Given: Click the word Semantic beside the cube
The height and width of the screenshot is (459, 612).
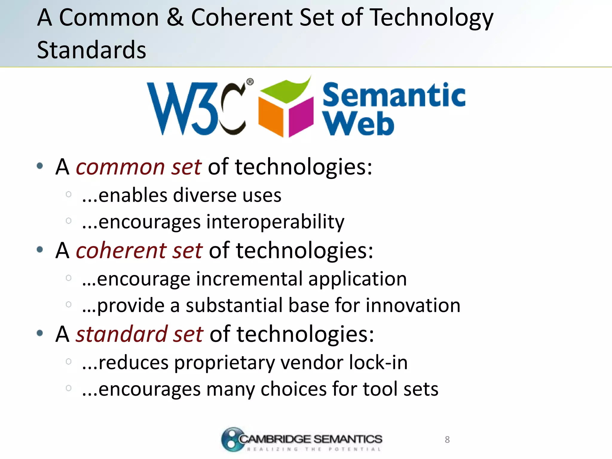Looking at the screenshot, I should click(394, 95).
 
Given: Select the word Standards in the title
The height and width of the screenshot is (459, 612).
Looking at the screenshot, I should click(91, 50).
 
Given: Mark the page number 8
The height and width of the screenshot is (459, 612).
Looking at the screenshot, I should click(447, 440).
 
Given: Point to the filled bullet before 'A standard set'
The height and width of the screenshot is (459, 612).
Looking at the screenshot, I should click(40, 333).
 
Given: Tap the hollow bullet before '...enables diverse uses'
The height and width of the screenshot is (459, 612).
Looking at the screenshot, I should click(68, 195).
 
